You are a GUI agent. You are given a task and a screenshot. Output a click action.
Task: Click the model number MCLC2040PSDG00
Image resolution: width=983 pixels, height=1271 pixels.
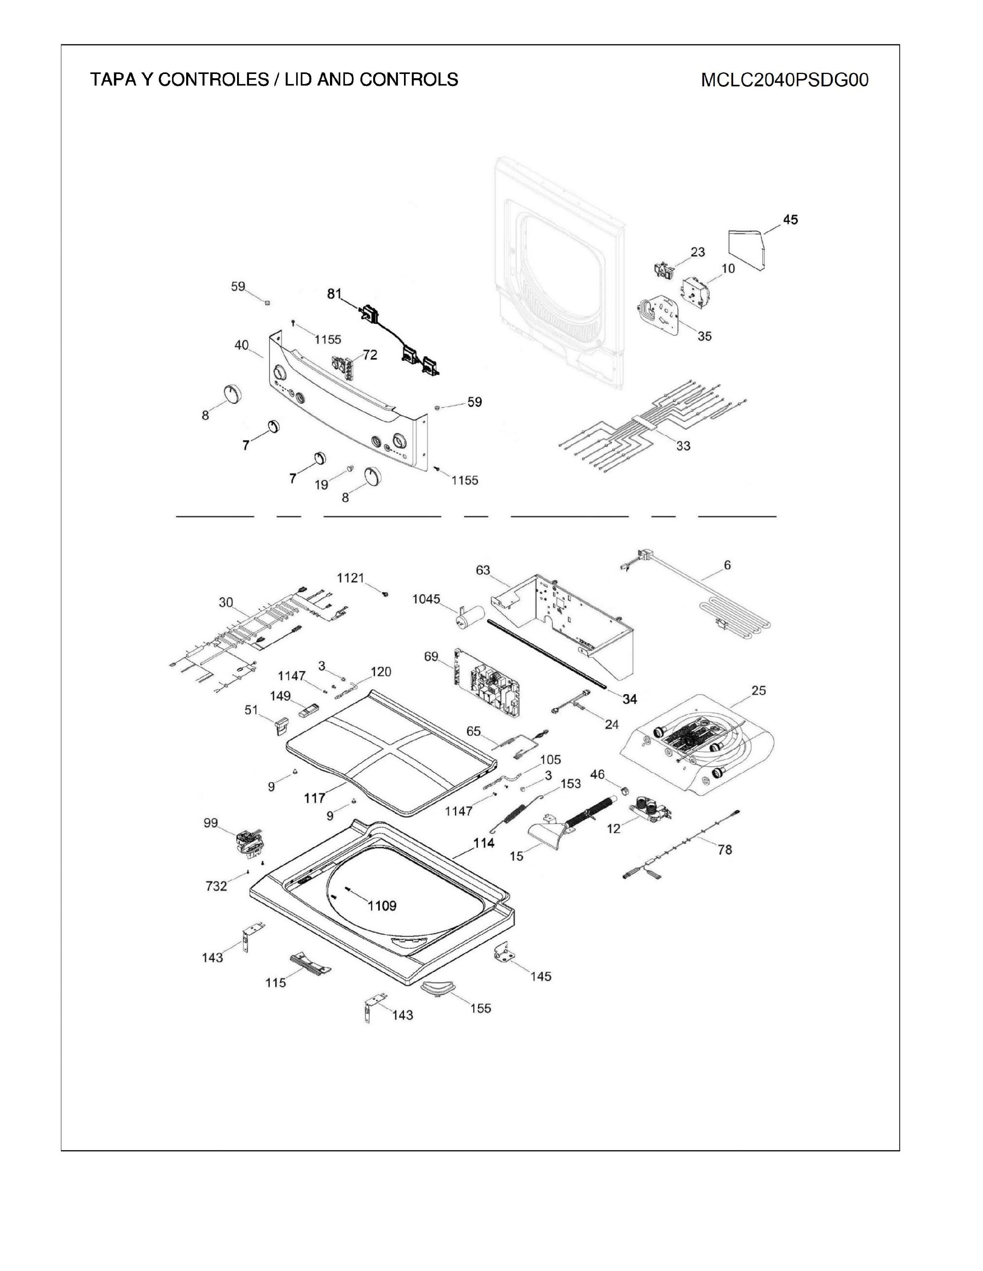784,80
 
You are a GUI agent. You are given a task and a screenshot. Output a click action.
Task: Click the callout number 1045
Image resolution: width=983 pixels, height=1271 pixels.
426,599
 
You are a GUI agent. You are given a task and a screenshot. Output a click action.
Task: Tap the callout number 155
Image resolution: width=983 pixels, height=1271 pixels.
480,1008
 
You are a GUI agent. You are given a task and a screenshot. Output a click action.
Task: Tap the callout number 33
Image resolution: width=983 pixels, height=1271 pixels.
683,445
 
